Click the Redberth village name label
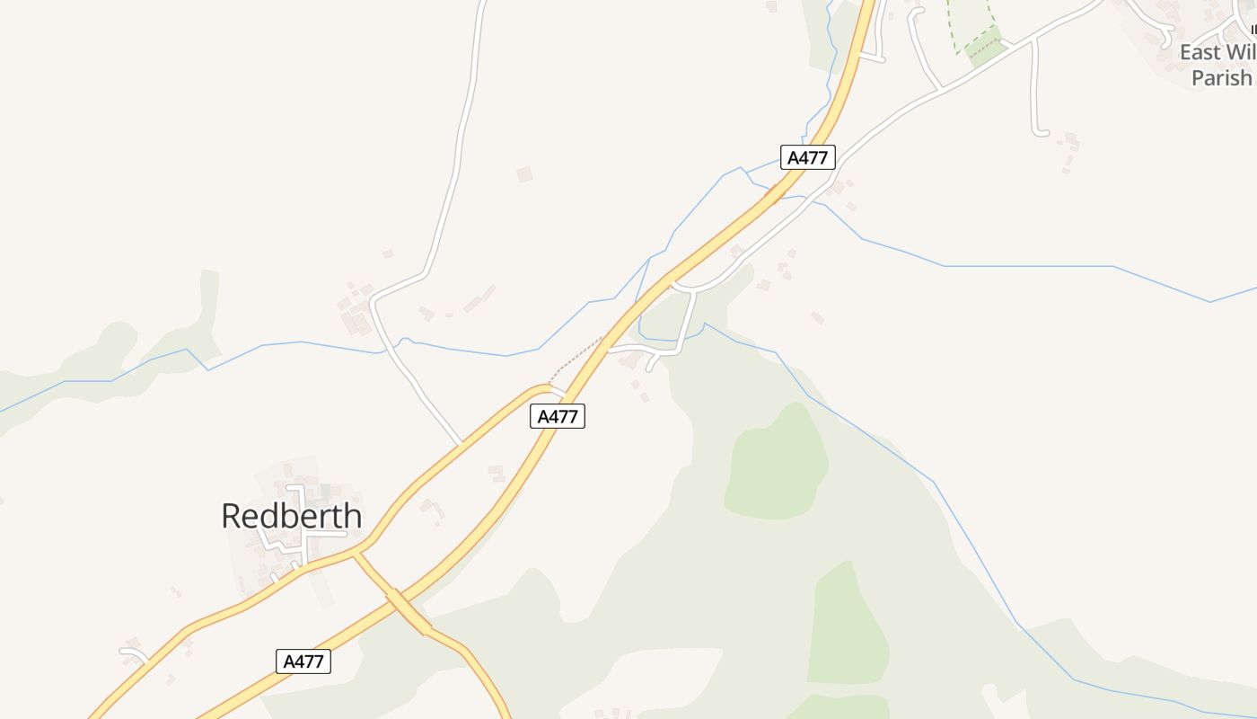point(292,516)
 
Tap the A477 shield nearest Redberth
point(303,661)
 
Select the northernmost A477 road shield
point(808,157)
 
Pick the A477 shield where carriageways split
point(558,415)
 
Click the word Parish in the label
point(1221,78)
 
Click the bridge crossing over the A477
point(409,611)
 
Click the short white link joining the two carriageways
point(557,390)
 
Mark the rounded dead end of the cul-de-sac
point(1041,133)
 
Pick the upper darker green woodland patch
point(776,463)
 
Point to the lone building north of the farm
point(524,174)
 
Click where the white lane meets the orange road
point(461,443)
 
